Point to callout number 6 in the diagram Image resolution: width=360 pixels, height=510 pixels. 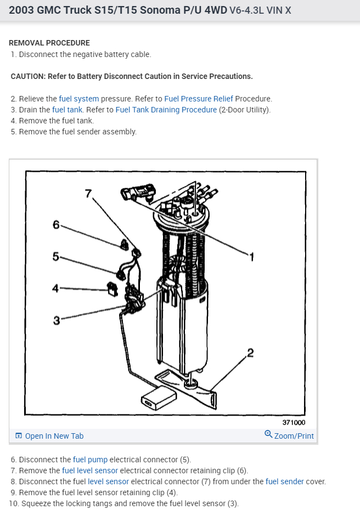click(x=56, y=224)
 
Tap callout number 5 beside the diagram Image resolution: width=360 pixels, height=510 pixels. click(x=55, y=256)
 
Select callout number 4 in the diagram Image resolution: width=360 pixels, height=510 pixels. click(x=55, y=288)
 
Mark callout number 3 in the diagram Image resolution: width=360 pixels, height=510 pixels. click(x=56, y=321)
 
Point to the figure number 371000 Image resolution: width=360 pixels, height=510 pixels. click(x=294, y=422)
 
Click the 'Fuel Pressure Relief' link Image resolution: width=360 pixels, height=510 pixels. click(x=199, y=99)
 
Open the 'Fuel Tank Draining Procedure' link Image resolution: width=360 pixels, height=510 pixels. click(x=166, y=110)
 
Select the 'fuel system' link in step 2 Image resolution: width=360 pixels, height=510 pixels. click(x=79, y=99)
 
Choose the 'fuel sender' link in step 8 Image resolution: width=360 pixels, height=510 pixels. click(x=284, y=481)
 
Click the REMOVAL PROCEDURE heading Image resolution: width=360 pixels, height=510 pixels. click(x=49, y=43)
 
